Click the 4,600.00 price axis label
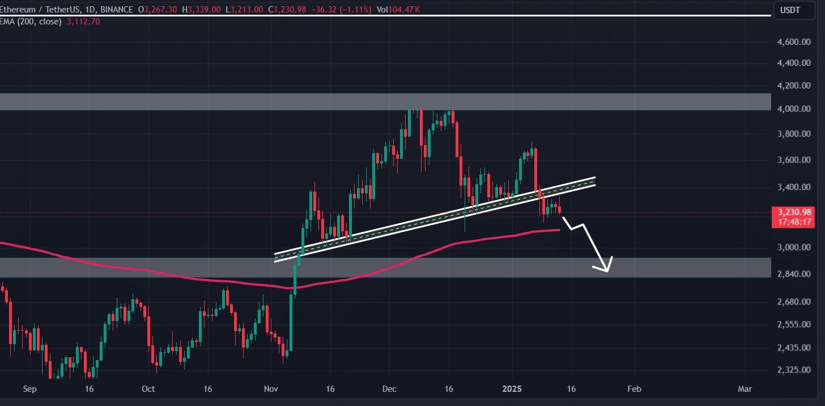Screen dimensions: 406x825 pos(793,42)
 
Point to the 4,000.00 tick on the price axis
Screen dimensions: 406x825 pos(793,109)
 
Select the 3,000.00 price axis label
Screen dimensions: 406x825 pos(793,248)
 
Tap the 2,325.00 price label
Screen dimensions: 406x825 pos(793,370)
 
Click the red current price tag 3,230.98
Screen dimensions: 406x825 pos(790,212)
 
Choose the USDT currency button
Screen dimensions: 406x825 pos(790,10)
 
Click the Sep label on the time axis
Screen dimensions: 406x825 pos(30,389)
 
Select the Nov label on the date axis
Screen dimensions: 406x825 pos(271,389)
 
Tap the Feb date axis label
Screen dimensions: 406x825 pos(635,389)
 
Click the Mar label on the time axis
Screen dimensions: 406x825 pos(745,389)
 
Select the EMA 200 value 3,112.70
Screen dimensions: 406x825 pos(71,22)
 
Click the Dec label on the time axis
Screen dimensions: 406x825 pos(389,389)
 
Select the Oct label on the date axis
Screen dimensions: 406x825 pos(148,389)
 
